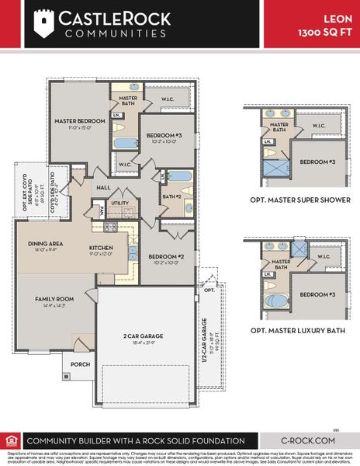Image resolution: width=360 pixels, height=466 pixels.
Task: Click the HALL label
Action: [103, 187]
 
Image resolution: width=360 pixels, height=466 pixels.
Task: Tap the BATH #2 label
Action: [171, 197]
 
